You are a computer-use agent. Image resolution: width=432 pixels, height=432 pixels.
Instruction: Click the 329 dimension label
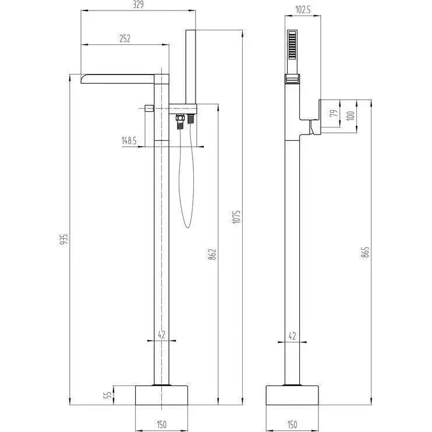tap(138, 5)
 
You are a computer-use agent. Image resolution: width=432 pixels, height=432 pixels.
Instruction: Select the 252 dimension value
tap(125, 38)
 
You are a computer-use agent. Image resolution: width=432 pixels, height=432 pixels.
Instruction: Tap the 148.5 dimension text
tap(129, 141)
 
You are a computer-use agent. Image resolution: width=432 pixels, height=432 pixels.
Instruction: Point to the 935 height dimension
tap(63, 239)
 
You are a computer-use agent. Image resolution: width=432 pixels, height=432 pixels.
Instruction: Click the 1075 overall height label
tap(236, 217)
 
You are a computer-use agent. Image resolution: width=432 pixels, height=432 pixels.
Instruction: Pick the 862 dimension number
tap(213, 254)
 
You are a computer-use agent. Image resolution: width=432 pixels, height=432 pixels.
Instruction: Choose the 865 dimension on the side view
tap(365, 252)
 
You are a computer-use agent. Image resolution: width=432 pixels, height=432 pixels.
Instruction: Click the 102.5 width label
tap(303, 10)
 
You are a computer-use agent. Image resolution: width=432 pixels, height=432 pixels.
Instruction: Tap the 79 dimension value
tap(334, 113)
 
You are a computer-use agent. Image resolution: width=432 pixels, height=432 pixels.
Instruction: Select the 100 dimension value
tap(350, 116)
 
